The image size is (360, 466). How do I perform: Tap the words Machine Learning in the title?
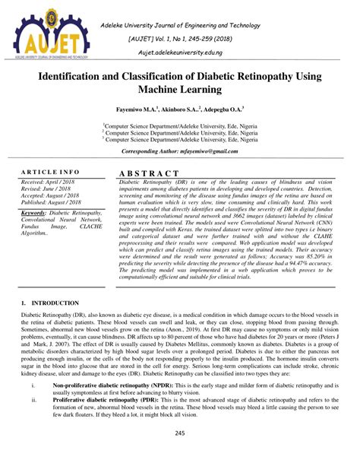[x=179, y=91]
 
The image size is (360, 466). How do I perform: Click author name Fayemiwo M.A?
[x=137, y=109]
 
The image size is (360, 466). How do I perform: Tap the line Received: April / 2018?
[x=51, y=183]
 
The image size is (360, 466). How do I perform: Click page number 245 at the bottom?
[x=179, y=433]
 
